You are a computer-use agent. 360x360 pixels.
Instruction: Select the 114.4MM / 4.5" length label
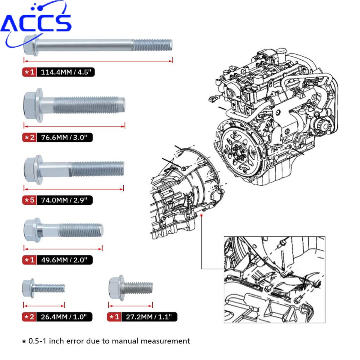[x=66, y=72]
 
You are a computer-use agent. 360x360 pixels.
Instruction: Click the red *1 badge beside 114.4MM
[x=30, y=72]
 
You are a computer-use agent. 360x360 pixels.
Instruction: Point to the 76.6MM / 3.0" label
[x=64, y=137]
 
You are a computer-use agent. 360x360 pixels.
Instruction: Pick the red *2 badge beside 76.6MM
[x=30, y=137]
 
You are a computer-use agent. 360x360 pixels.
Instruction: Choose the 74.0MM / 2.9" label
[x=64, y=200]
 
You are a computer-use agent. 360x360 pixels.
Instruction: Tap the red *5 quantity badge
[x=30, y=200]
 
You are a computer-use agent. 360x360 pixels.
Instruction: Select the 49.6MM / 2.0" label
[x=64, y=259]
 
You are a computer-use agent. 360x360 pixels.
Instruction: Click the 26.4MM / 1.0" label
[x=64, y=317]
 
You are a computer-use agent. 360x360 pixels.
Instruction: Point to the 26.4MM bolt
[x=43, y=288]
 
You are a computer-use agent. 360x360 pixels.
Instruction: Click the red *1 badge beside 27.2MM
[x=114, y=317]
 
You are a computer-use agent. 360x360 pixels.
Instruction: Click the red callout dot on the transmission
[x=202, y=215]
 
